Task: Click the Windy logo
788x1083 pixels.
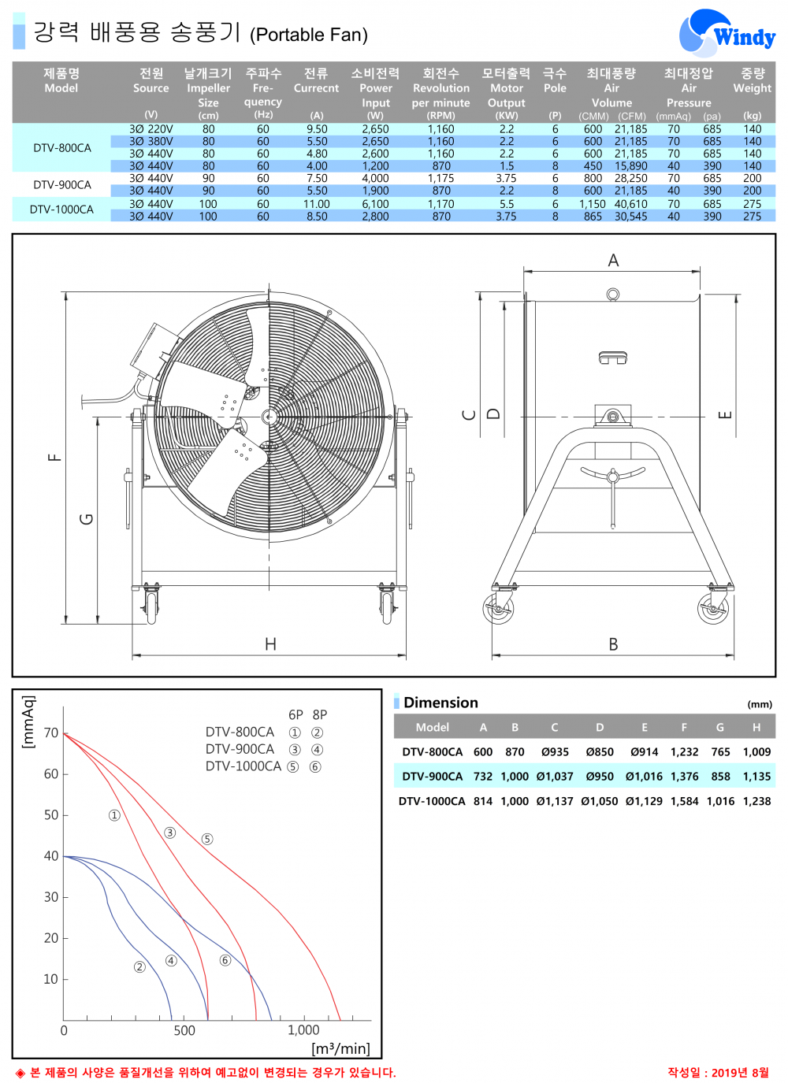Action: coord(726,34)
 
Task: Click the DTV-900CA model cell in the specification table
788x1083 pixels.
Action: coord(62,184)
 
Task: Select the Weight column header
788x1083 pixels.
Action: coord(752,87)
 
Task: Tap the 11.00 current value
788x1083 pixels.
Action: coord(317,204)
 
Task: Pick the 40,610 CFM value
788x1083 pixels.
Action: coord(631,204)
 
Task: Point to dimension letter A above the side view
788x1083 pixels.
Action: coord(613,261)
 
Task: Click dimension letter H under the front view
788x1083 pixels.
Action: coord(270,644)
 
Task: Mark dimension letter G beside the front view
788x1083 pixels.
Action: coord(87,519)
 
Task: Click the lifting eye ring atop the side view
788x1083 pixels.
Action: coord(612,295)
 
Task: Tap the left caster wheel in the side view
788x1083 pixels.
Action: coord(498,609)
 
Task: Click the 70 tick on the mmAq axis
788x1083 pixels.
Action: coord(51,733)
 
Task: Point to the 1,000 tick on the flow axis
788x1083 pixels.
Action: coord(303,1030)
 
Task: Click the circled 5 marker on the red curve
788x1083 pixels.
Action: coord(207,839)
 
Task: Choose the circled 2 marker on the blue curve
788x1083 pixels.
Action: coord(139,966)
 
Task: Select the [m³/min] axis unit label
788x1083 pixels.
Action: coord(340,1048)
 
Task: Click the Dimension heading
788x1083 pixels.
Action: coord(440,703)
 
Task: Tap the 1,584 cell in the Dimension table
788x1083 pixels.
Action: coord(684,801)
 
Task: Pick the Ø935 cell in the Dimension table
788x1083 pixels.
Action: coord(555,752)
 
